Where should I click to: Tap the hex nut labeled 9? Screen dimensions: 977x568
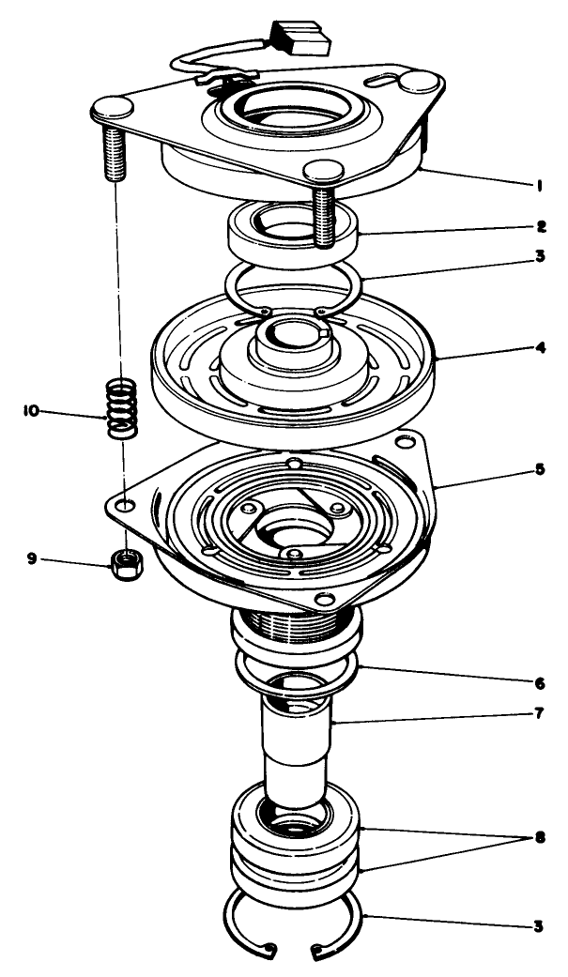(x=122, y=563)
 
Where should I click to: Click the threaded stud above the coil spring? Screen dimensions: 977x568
(x=115, y=149)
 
